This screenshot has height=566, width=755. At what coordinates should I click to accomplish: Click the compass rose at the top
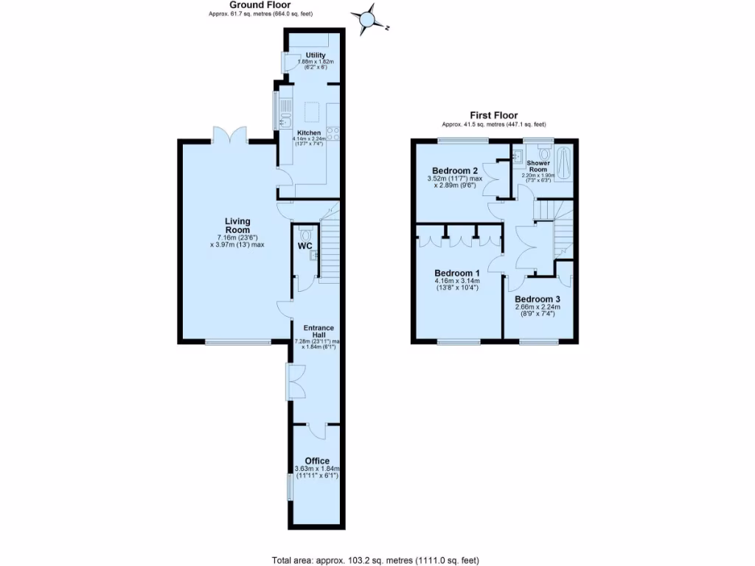coord(368,20)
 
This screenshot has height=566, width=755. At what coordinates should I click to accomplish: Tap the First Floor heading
coord(493,115)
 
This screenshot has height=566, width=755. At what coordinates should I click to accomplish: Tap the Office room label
coord(317,461)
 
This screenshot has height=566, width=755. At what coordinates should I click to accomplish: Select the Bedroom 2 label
coord(455,168)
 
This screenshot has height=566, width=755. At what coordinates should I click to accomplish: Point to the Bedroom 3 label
coord(537,299)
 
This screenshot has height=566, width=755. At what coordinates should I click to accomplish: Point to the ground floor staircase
coord(330,243)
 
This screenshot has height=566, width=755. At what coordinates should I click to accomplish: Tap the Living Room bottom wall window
coord(237,341)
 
